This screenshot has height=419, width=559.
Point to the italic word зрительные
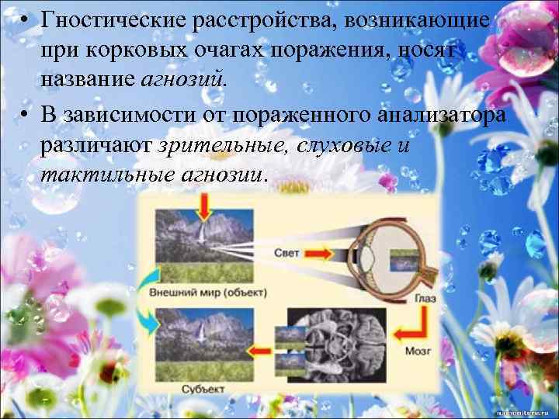[222, 146]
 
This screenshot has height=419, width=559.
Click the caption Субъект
[204, 387]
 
